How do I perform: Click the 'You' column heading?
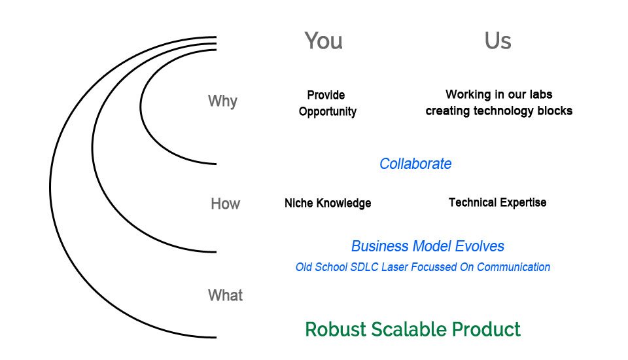click(323, 41)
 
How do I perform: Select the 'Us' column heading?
click(498, 41)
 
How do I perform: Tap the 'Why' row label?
click(222, 101)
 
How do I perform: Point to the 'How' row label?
click(225, 204)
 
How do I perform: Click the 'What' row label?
click(225, 296)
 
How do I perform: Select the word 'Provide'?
click(326, 96)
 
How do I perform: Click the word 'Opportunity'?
click(328, 112)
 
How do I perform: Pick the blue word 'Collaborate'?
click(415, 164)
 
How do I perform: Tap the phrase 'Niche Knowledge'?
click(328, 204)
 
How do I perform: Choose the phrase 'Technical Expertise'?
click(497, 203)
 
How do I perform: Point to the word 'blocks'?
click(555, 111)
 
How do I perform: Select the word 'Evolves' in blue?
click(480, 247)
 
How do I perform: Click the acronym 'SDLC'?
click(364, 267)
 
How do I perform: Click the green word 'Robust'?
click(335, 329)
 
